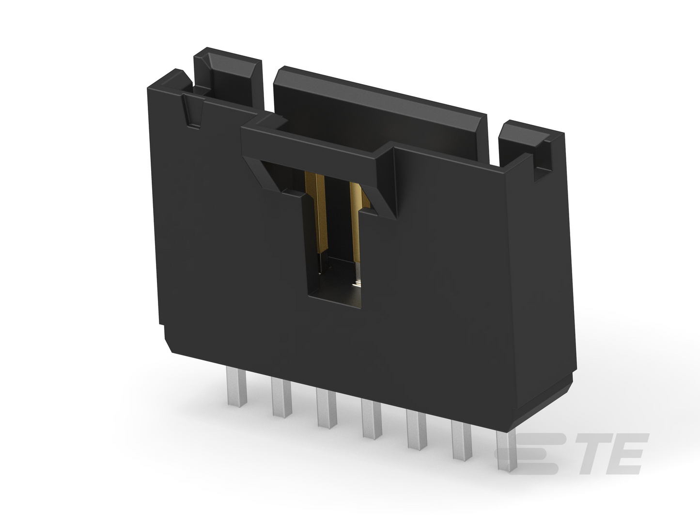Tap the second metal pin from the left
281,396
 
